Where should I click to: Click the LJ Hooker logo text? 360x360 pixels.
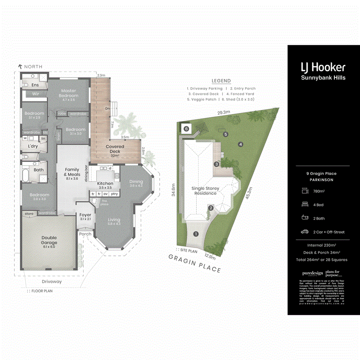323,67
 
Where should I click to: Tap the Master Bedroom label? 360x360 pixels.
69,93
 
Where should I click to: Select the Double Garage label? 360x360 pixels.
49,240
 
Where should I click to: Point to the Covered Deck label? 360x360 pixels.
115,149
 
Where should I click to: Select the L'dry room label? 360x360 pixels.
32,146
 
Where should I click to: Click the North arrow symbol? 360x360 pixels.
20,66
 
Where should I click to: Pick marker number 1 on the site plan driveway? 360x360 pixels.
196,234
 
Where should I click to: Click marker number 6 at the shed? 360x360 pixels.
186,129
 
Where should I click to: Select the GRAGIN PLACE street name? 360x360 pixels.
195,263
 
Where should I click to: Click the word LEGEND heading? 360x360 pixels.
221,81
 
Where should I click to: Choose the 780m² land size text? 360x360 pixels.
319,191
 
